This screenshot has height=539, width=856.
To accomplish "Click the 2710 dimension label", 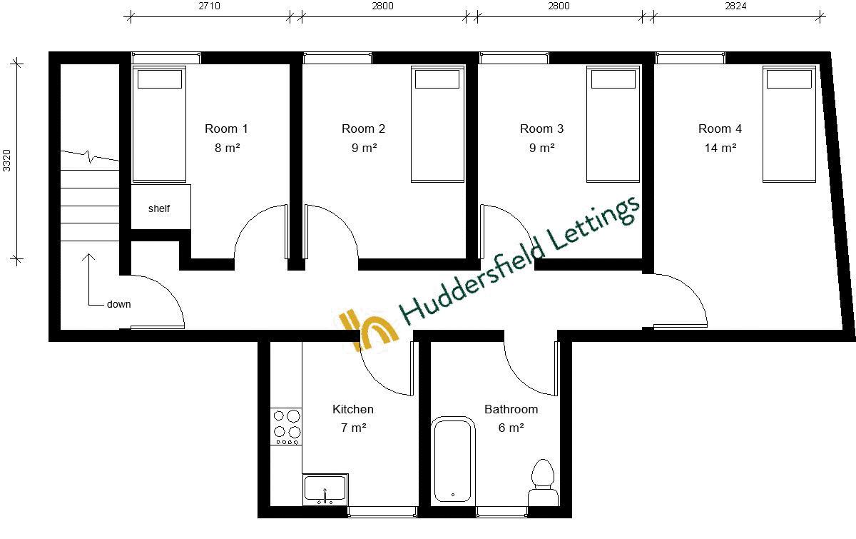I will tap(209, 6).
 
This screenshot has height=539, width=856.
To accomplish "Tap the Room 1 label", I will tap(226, 129).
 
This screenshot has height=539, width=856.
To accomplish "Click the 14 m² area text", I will tap(720, 148).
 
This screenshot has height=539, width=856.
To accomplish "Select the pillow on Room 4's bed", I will tap(789, 79).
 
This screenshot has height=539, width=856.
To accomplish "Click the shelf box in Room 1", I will tap(160, 208).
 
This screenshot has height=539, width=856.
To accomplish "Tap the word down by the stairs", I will tap(118, 304).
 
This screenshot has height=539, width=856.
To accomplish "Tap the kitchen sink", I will tap(325, 490).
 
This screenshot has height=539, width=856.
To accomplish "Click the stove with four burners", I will tap(286, 426).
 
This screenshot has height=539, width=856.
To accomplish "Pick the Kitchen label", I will tap(353, 410).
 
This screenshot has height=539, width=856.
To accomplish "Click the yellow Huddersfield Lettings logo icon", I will tap(368, 328).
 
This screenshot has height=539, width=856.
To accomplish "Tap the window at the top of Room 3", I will tap(514, 58).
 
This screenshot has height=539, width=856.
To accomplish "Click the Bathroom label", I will tap(511, 410).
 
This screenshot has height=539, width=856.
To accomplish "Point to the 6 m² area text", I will tap(511, 428).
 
